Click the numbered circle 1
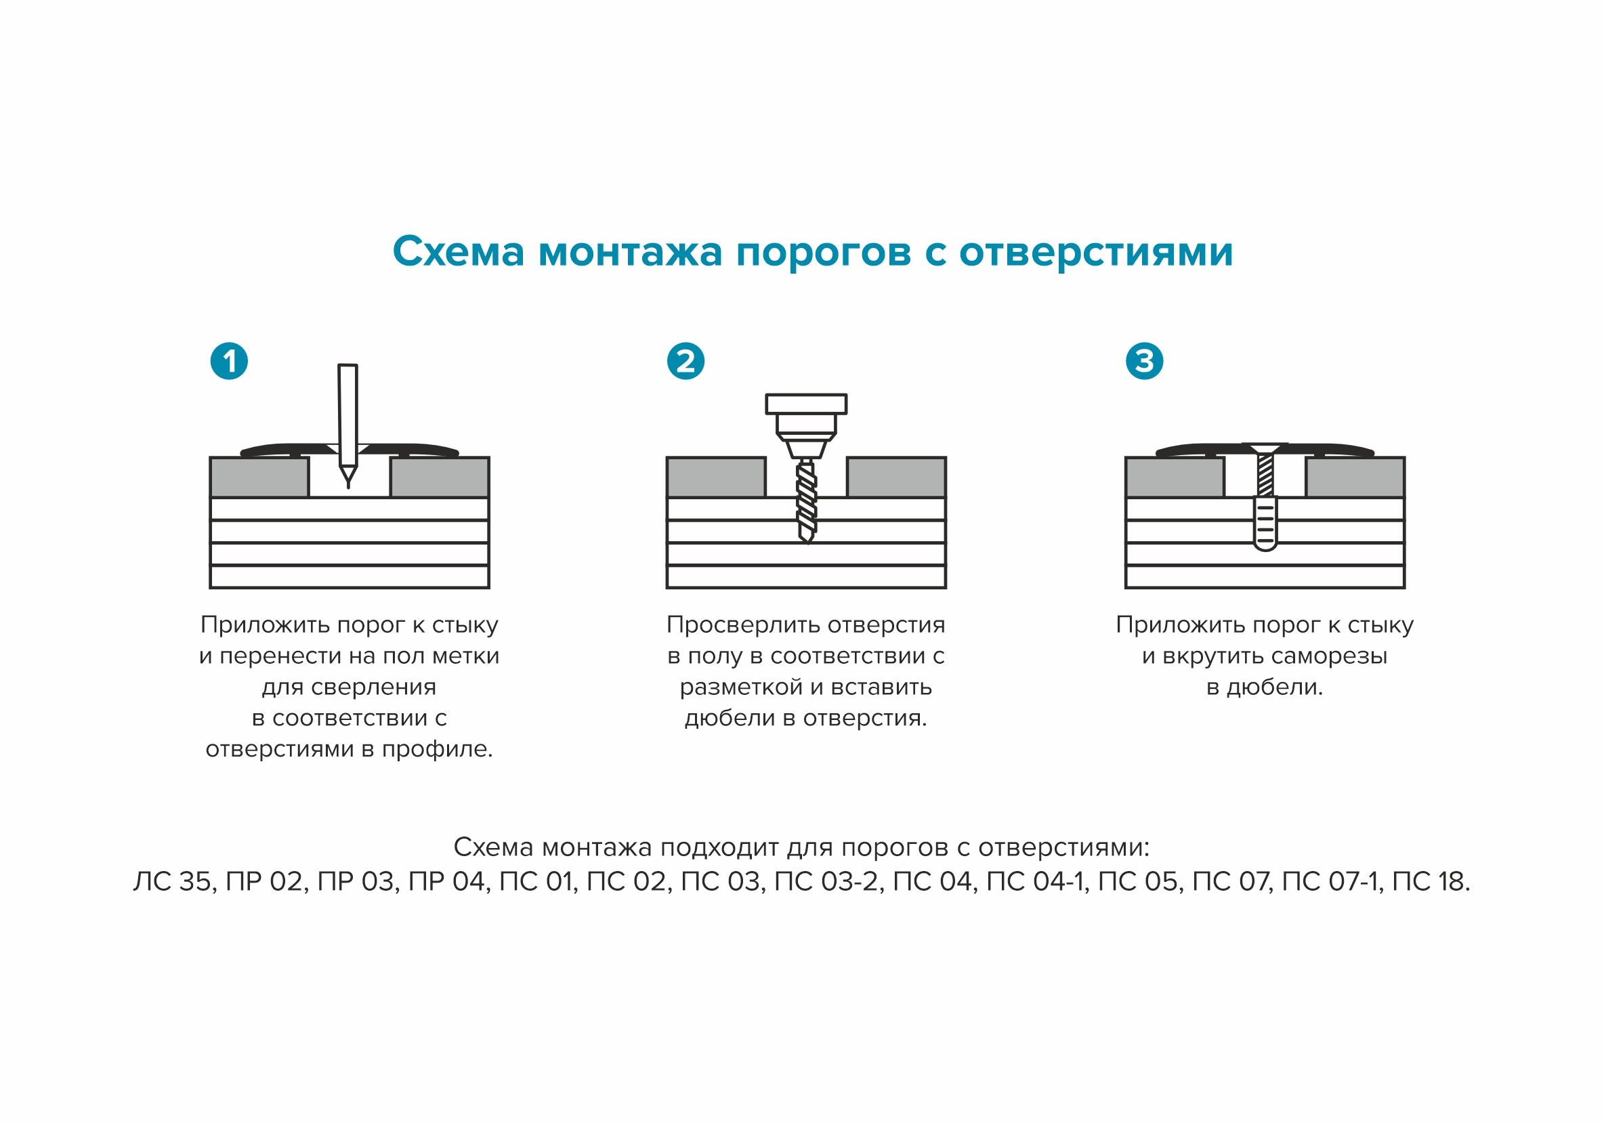point(229,361)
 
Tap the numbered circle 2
point(685,361)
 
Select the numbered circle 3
point(1144,361)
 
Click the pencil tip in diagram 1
point(348,478)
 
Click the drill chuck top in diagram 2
point(806,404)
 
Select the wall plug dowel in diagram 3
point(1265,524)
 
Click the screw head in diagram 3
point(1265,447)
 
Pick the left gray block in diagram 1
point(259,477)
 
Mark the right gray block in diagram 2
point(896,477)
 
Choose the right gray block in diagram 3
point(1355,477)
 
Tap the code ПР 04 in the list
point(448,882)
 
